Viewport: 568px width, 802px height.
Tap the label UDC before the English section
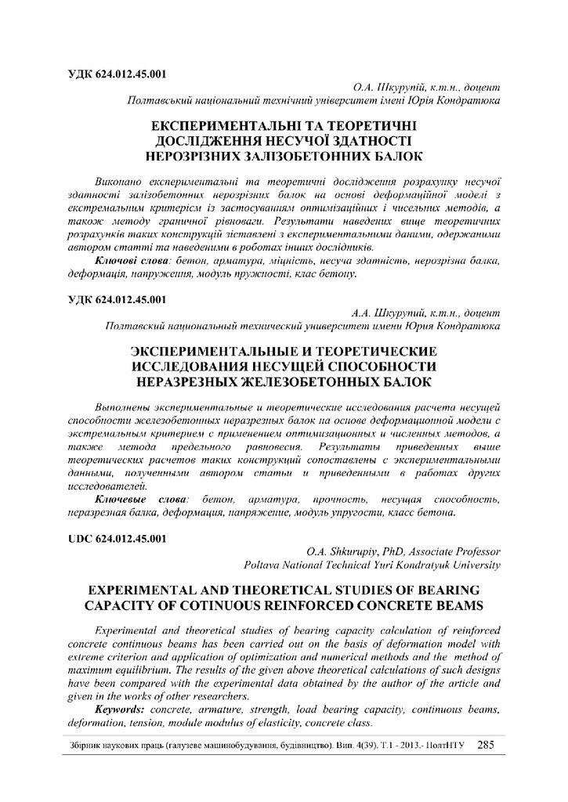click(x=75, y=538)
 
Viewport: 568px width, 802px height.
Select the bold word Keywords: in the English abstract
click(x=120, y=708)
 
